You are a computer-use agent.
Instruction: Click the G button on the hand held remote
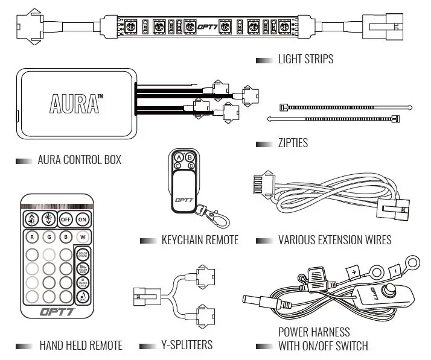[x=48, y=236]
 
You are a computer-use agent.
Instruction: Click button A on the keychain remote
[x=179, y=156]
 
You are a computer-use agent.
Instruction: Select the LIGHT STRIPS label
[x=305, y=60]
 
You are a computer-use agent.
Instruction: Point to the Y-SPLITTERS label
[x=187, y=346]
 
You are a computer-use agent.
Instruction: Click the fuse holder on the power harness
[x=314, y=277]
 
